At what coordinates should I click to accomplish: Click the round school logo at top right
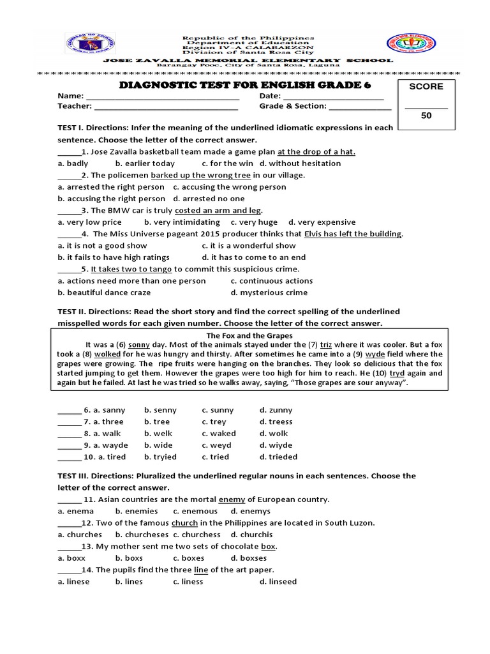(x=405, y=47)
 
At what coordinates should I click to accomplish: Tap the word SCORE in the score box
(x=426, y=86)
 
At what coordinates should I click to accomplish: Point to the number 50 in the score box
(x=426, y=116)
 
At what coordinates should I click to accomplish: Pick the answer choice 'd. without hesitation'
(x=300, y=163)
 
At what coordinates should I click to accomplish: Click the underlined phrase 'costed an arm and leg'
(x=218, y=210)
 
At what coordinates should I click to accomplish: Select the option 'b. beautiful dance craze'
(x=104, y=293)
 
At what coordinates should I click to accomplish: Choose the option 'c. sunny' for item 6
(x=218, y=410)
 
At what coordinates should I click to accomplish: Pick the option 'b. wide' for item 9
(x=160, y=445)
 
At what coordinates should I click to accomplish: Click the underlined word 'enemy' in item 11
(x=232, y=499)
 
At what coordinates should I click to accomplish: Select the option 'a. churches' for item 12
(x=80, y=535)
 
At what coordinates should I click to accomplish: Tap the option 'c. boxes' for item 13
(x=189, y=558)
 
